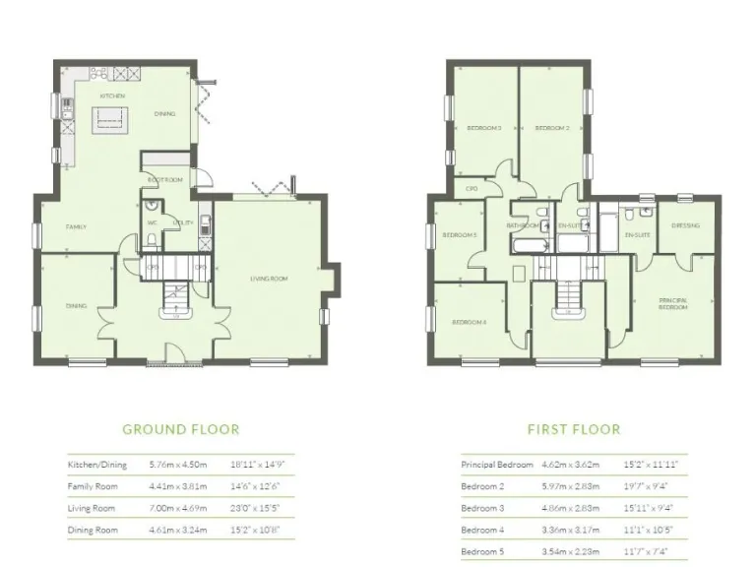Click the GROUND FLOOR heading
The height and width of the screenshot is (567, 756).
click(180, 429)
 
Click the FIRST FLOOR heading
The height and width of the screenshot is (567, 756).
click(574, 429)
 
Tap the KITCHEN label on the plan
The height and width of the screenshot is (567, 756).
click(112, 95)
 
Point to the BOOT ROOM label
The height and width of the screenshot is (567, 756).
click(165, 180)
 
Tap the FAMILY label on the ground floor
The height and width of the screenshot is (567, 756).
click(76, 227)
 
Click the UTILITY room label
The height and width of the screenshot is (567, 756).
click(183, 223)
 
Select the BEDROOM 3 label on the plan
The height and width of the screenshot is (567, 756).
click(483, 128)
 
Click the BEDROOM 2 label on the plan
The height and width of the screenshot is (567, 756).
click(552, 128)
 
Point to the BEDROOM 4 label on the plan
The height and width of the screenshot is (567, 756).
click(469, 323)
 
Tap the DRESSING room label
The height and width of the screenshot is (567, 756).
click(685, 225)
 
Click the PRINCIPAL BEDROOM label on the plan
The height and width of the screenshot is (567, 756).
click(673, 303)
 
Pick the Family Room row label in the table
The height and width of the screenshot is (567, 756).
click(92, 486)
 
